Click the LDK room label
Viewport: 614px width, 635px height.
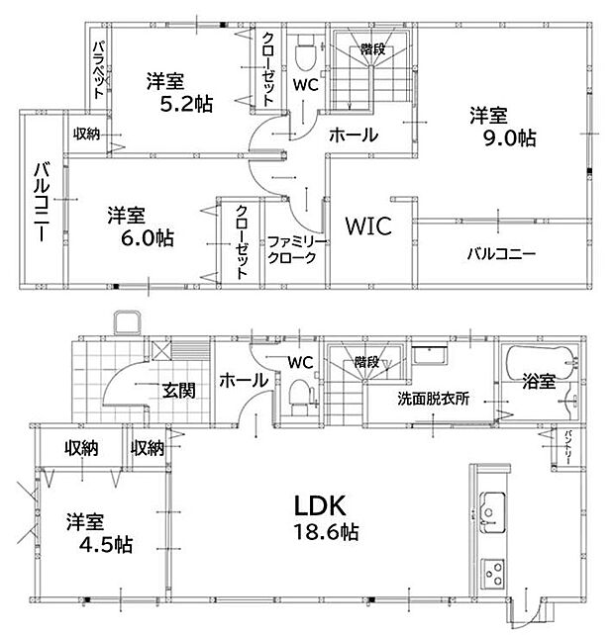click(320, 505)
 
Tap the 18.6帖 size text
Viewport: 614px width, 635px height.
click(326, 532)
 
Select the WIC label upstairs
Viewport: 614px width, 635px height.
click(368, 226)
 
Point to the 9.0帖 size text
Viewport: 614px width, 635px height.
click(509, 138)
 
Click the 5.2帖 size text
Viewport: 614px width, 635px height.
click(186, 104)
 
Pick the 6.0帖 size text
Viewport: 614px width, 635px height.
click(148, 237)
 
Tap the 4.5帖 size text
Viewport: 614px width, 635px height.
click(106, 545)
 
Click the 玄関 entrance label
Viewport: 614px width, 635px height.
click(179, 391)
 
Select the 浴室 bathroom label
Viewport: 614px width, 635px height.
click(539, 381)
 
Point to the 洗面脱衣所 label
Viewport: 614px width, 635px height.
click(433, 399)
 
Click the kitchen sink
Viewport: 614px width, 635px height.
click(492, 512)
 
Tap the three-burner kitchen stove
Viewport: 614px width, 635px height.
click(493, 574)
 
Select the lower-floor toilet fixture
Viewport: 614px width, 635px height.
click(301, 397)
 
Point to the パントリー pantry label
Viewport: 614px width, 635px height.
click(568, 448)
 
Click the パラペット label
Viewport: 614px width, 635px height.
click(99, 70)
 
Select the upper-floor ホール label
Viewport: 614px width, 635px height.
click(354, 135)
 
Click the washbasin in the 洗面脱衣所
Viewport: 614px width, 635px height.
click(430, 355)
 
